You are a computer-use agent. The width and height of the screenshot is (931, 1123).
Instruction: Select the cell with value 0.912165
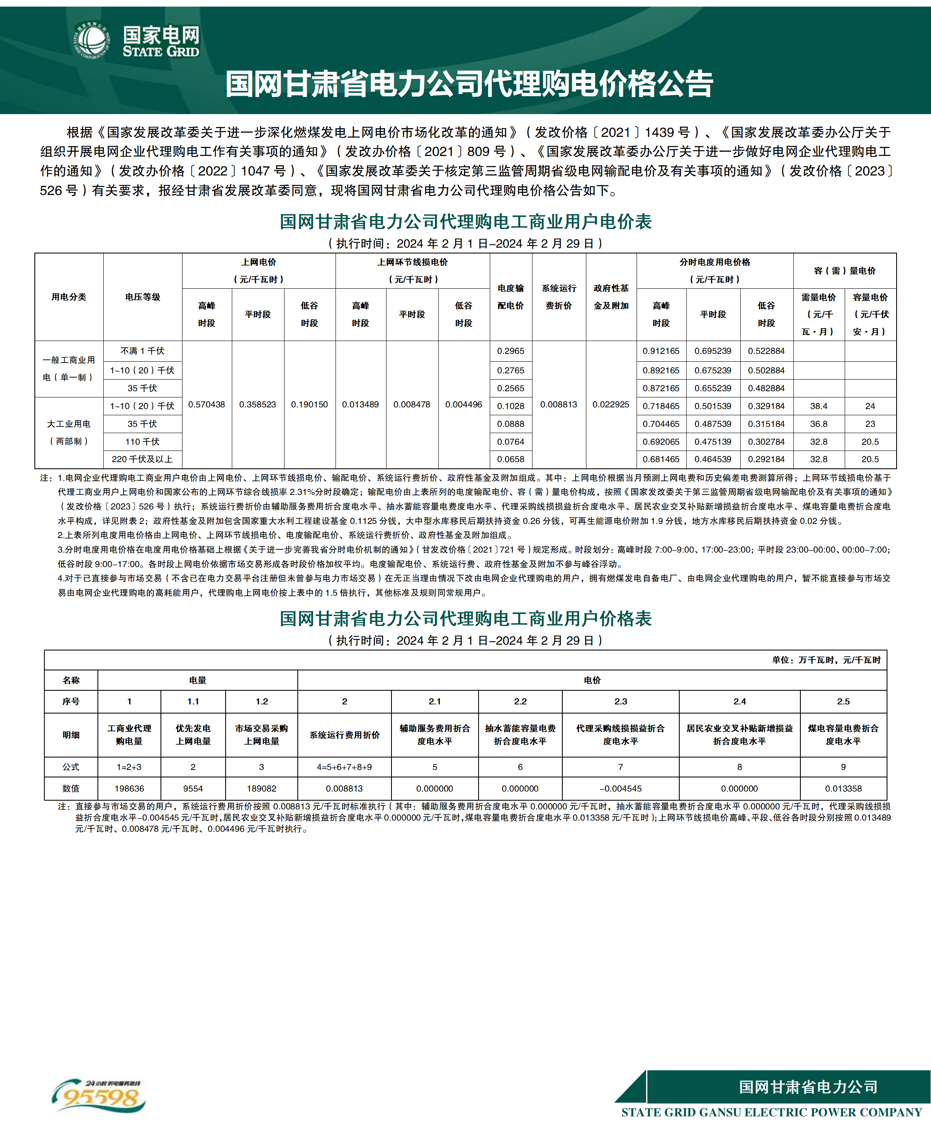[661, 351]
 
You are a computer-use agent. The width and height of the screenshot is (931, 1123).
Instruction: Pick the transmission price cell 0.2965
[510, 351]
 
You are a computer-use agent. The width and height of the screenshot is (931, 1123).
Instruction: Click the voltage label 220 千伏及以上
[142, 459]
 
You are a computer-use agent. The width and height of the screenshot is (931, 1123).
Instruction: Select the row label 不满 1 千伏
[142, 351]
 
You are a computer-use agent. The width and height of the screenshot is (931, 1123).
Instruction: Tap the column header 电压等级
[142, 297]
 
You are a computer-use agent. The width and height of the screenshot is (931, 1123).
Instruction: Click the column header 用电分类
[68, 297]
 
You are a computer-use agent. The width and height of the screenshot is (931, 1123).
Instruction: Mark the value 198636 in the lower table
[129, 789]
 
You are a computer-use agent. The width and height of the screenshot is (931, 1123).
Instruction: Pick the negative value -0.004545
[620, 789]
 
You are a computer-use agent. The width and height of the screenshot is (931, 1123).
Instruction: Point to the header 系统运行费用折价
[344, 735]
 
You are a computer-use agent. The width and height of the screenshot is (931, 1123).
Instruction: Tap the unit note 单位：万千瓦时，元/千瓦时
[826, 660]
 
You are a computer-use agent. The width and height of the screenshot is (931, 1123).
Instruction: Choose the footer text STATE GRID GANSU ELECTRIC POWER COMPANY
[771, 1112]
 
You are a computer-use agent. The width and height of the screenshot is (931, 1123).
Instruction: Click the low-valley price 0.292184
[766, 459]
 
